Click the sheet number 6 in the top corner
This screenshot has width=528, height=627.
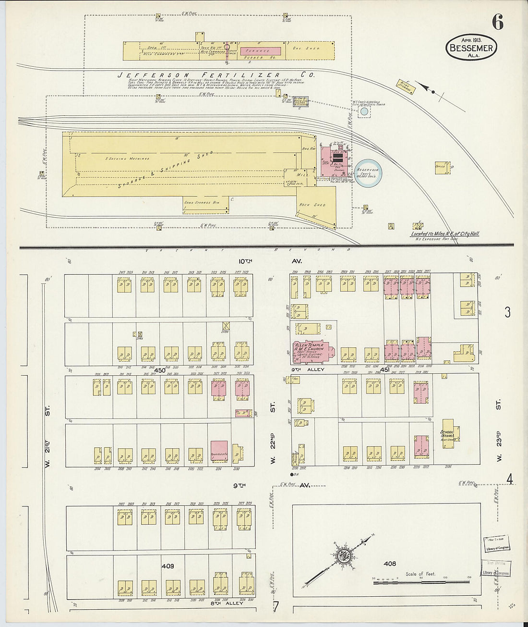pyautogui.click(x=497, y=22)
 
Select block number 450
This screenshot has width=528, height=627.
pyautogui.click(x=159, y=370)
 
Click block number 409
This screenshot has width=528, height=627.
pyautogui.click(x=168, y=566)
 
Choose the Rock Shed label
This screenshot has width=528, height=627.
pyautogui.click(x=312, y=205)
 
